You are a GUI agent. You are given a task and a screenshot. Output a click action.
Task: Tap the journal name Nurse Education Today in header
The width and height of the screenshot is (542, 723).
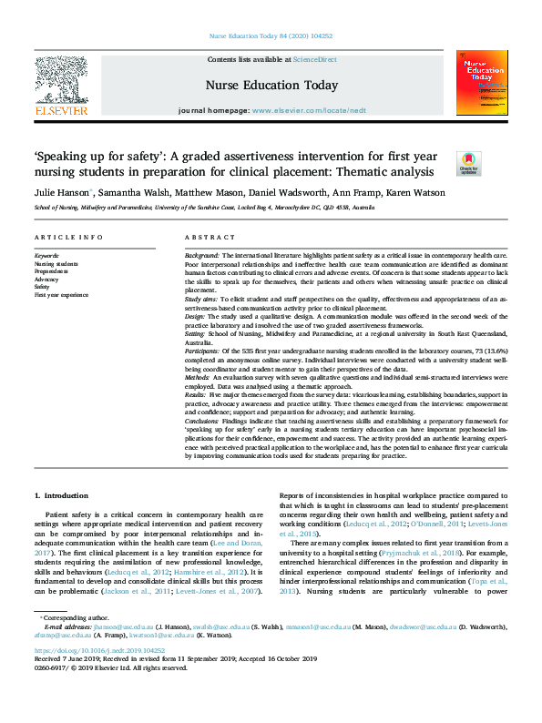[271, 86]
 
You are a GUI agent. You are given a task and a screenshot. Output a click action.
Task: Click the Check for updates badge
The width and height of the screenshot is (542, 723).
[468, 163]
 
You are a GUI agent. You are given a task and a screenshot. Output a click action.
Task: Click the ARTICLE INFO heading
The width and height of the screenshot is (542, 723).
[68, 238]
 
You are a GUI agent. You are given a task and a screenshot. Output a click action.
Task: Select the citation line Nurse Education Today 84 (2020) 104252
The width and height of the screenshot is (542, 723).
[271, 36]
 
